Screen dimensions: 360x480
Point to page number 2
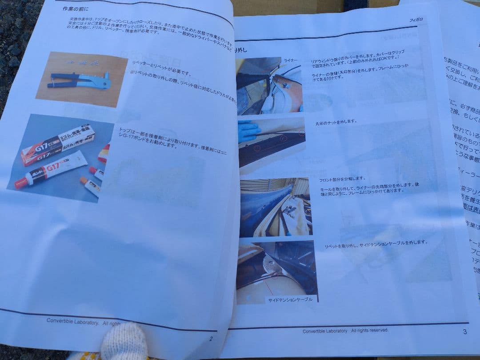click(211, 339)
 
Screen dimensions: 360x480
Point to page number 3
click(464, 331)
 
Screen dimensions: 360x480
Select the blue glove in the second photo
click(248, 131)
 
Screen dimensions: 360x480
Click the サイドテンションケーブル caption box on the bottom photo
click(290, 299)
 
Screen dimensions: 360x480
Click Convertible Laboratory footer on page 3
click(345, 331)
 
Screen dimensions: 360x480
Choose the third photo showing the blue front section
click(275, 207)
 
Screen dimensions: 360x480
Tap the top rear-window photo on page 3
click(269, 86)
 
